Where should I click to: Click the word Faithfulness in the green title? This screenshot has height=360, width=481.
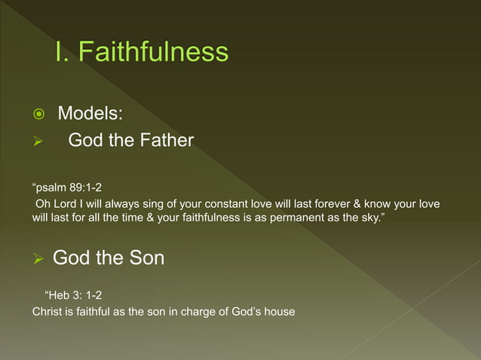tap(153, 52)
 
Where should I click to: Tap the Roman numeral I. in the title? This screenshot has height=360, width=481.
tap(62, 52)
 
